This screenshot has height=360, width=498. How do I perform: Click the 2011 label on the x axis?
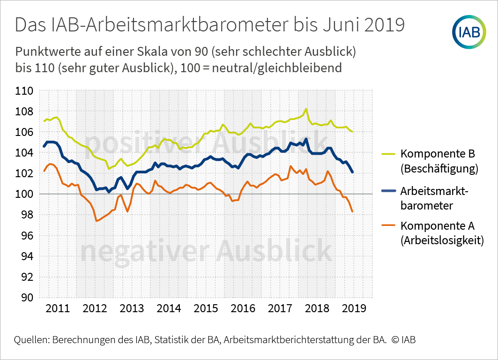58,308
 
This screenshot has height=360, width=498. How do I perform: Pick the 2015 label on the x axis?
206,308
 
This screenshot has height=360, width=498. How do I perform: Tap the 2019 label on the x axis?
354,308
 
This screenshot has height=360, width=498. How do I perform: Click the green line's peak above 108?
306,109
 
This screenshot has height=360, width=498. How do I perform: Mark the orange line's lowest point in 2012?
96,221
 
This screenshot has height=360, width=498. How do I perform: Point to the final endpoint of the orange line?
352,211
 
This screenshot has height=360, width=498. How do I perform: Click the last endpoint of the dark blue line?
352,172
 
